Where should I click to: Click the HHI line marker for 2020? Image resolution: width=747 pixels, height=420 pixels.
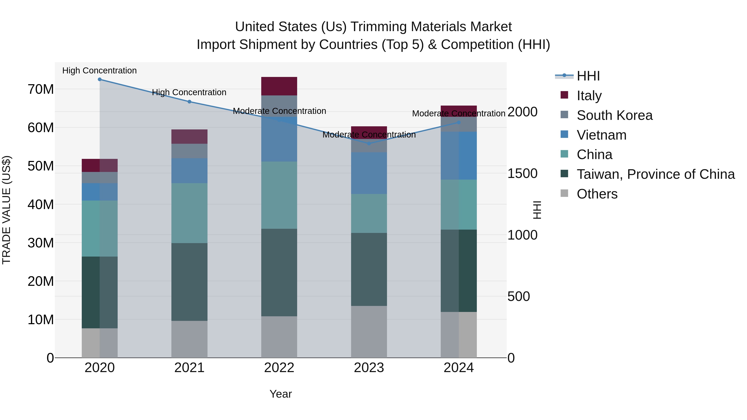(99, 79)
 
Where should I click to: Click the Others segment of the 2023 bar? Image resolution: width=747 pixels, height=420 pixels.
(369, 332)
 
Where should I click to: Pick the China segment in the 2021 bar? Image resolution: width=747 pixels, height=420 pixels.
(189, 213)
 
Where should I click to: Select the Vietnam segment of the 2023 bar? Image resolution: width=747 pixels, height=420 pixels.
(369, 173)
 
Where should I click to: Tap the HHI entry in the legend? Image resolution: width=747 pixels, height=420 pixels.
(588, 76)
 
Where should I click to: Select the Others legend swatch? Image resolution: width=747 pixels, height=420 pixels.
(564, 193)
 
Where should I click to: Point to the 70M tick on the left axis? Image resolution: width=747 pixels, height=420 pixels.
(41, 89)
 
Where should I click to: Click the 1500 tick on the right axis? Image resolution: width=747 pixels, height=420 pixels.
(522, 173)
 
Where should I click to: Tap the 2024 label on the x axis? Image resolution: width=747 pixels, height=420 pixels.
(458, 368)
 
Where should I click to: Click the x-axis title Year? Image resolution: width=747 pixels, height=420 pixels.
(280, 394)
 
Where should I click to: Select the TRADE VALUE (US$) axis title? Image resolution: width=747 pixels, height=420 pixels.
(6, 210)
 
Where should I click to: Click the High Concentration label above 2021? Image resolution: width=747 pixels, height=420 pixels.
(189, 92)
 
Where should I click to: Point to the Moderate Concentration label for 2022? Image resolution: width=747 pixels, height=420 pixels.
(279, 111)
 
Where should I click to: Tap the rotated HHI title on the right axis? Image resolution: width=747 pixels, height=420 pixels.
(537, 210)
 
